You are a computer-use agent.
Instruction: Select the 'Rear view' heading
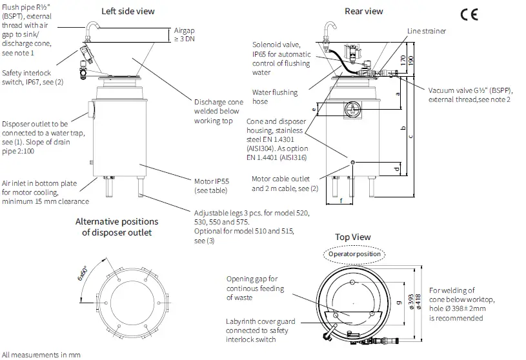coord(364,11)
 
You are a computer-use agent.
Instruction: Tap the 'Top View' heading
coord(352,237)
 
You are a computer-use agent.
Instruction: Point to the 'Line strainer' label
coord(426,31)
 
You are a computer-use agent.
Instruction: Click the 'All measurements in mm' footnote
coord(40,354)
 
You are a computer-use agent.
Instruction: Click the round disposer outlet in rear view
coord(352,106)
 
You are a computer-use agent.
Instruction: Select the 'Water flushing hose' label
coord(275,97)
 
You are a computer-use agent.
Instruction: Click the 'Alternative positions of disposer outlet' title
coord(116,226)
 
